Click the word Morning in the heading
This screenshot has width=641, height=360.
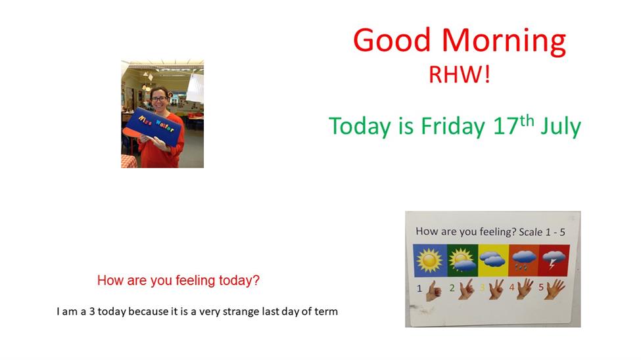[x=504, y=41]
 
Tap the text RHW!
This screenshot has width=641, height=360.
[x=459, y=75]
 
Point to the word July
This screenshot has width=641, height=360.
[x=561, y=126]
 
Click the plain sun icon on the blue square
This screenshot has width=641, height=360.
[x=429, y=260]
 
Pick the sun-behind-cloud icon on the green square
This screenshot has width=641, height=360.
[x=462, y=261]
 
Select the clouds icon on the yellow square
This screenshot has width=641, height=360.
[x=492, y=259]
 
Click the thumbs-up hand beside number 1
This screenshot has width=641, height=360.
[x=434, y=290]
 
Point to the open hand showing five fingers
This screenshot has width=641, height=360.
[x=555, y=288]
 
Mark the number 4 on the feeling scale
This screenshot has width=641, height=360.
[x=511, y=287]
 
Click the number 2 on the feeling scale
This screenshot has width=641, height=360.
[x=452, y=288]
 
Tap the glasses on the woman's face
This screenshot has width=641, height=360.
[x=159, y=99]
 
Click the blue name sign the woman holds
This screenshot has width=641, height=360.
[x=153, y=126]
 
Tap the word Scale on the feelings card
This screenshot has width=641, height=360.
[x=531, y=232]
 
